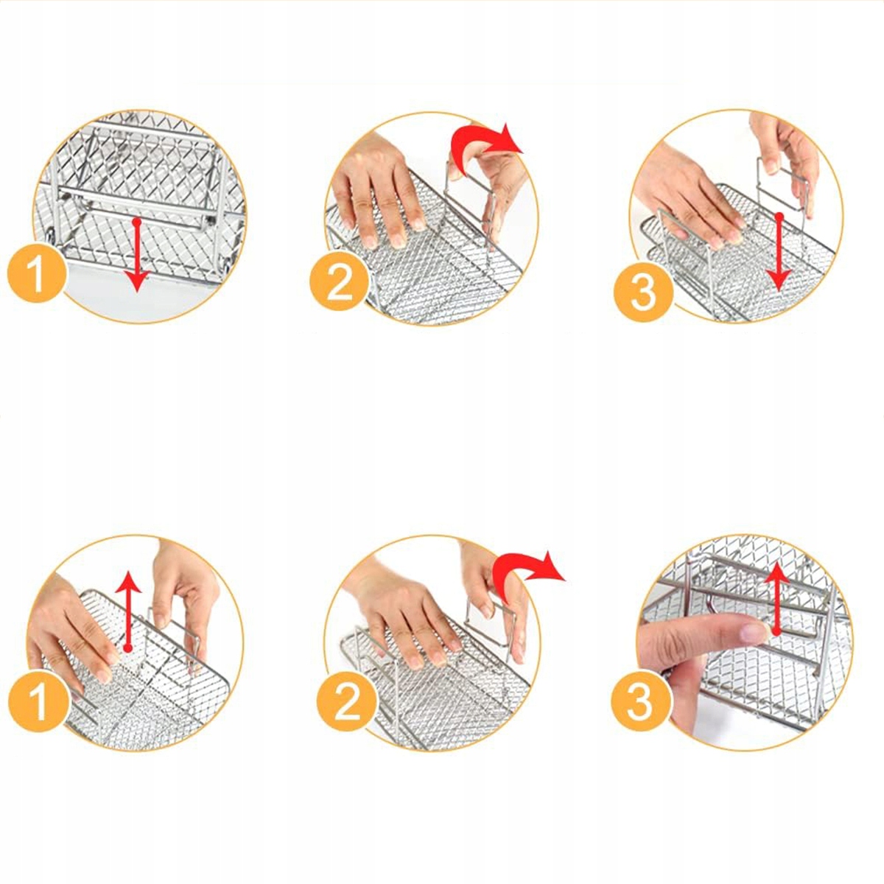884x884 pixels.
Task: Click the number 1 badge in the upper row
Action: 37,273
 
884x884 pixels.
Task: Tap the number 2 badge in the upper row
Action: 340,281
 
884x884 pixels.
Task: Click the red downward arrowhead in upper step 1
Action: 137,280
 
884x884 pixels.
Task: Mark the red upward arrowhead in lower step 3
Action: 776,573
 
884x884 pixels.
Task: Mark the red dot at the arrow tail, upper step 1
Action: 136,222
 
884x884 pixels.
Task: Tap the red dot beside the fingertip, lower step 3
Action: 775,632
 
